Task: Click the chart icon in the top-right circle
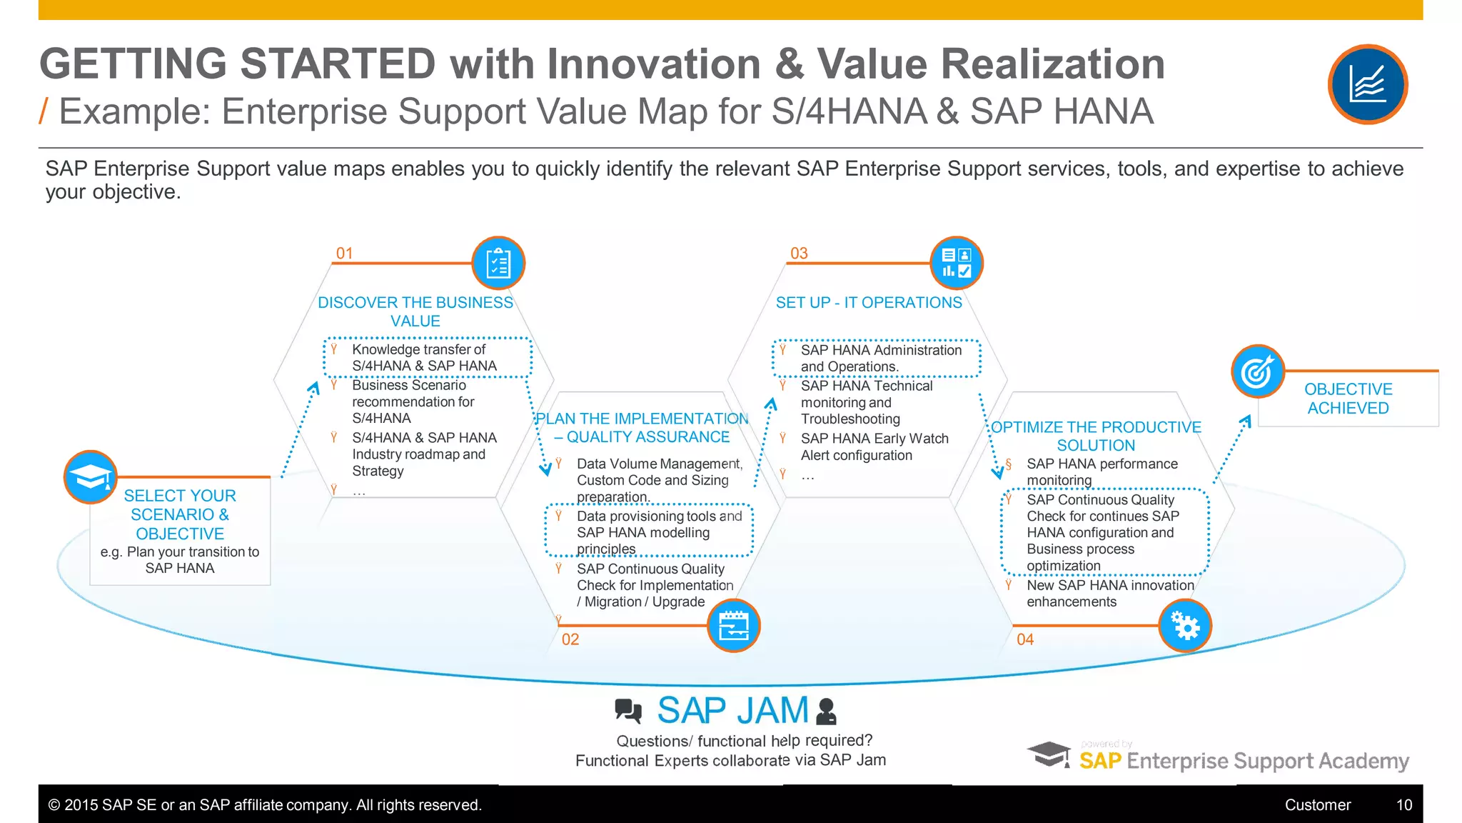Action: [x=1367, y=84]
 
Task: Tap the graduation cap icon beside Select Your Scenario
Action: [x=91, y=477]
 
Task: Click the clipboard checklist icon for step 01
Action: [x=498, y=263]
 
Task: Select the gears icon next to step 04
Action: [x=1185, y=626]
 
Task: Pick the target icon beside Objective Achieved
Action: [x=1257, y=371]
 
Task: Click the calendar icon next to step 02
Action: [x=733, y=626]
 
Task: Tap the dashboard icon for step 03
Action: [x=956, y=263]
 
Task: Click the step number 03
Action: [x=799, y=254]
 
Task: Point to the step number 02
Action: [x=570, y=639]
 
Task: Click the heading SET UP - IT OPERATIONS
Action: [x=869, y=303]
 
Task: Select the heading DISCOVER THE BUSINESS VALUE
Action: [x=415, y=311]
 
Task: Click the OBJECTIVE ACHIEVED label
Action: [x=1348, y=399]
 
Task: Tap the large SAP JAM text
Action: [x=732, y=711]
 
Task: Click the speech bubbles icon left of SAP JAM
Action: [x=628, y=711]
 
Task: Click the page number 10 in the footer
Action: [x=1403, y=805]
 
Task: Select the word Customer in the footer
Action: [x=1317, y=805]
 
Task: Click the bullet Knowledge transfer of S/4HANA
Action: [x=424, y=358]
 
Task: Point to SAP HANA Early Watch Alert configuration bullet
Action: [x=874, y=447]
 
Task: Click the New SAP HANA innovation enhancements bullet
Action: [x=1109, y=594]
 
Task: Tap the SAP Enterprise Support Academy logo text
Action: [x=1243, y=761]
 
